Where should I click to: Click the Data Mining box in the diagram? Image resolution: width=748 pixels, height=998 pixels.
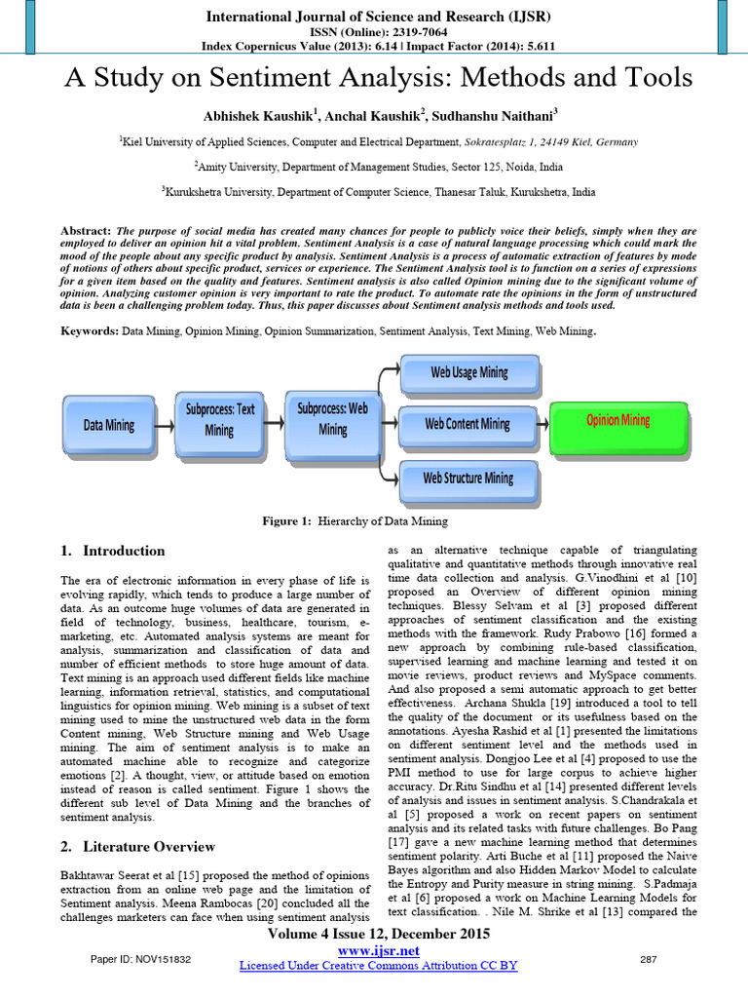[108, 425]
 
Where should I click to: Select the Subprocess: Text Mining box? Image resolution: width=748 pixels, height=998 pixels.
[219, 419]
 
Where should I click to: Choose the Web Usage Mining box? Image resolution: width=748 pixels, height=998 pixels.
[468, 372]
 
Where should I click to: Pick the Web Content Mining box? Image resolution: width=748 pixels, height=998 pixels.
[467, 424]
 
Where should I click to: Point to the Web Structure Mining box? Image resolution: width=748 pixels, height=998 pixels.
[467, 478]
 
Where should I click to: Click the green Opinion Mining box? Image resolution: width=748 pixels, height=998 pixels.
[617, 420]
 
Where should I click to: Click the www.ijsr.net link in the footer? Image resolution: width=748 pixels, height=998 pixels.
[378, 950]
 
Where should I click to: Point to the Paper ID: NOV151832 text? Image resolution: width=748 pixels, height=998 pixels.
[140, 960]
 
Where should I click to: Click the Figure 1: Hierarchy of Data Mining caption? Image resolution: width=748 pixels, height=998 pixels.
[355, 521]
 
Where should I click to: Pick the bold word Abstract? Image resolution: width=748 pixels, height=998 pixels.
[86, 231]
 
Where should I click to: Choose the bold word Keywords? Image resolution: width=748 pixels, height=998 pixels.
[90, 331]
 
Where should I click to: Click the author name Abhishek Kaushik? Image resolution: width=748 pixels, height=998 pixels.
[255, 116]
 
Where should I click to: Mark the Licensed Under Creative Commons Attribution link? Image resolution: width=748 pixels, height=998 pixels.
[378, 966]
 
